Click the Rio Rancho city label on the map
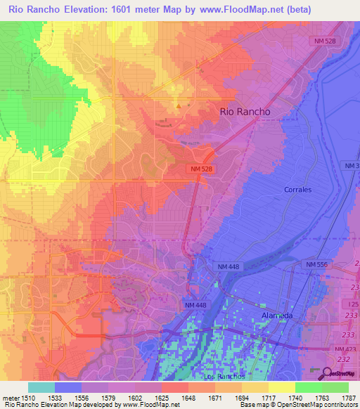[x=245, y=111]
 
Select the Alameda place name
[x=276, y=316]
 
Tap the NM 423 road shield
[x=346, y=349]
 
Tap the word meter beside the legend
[x=9, y=397]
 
